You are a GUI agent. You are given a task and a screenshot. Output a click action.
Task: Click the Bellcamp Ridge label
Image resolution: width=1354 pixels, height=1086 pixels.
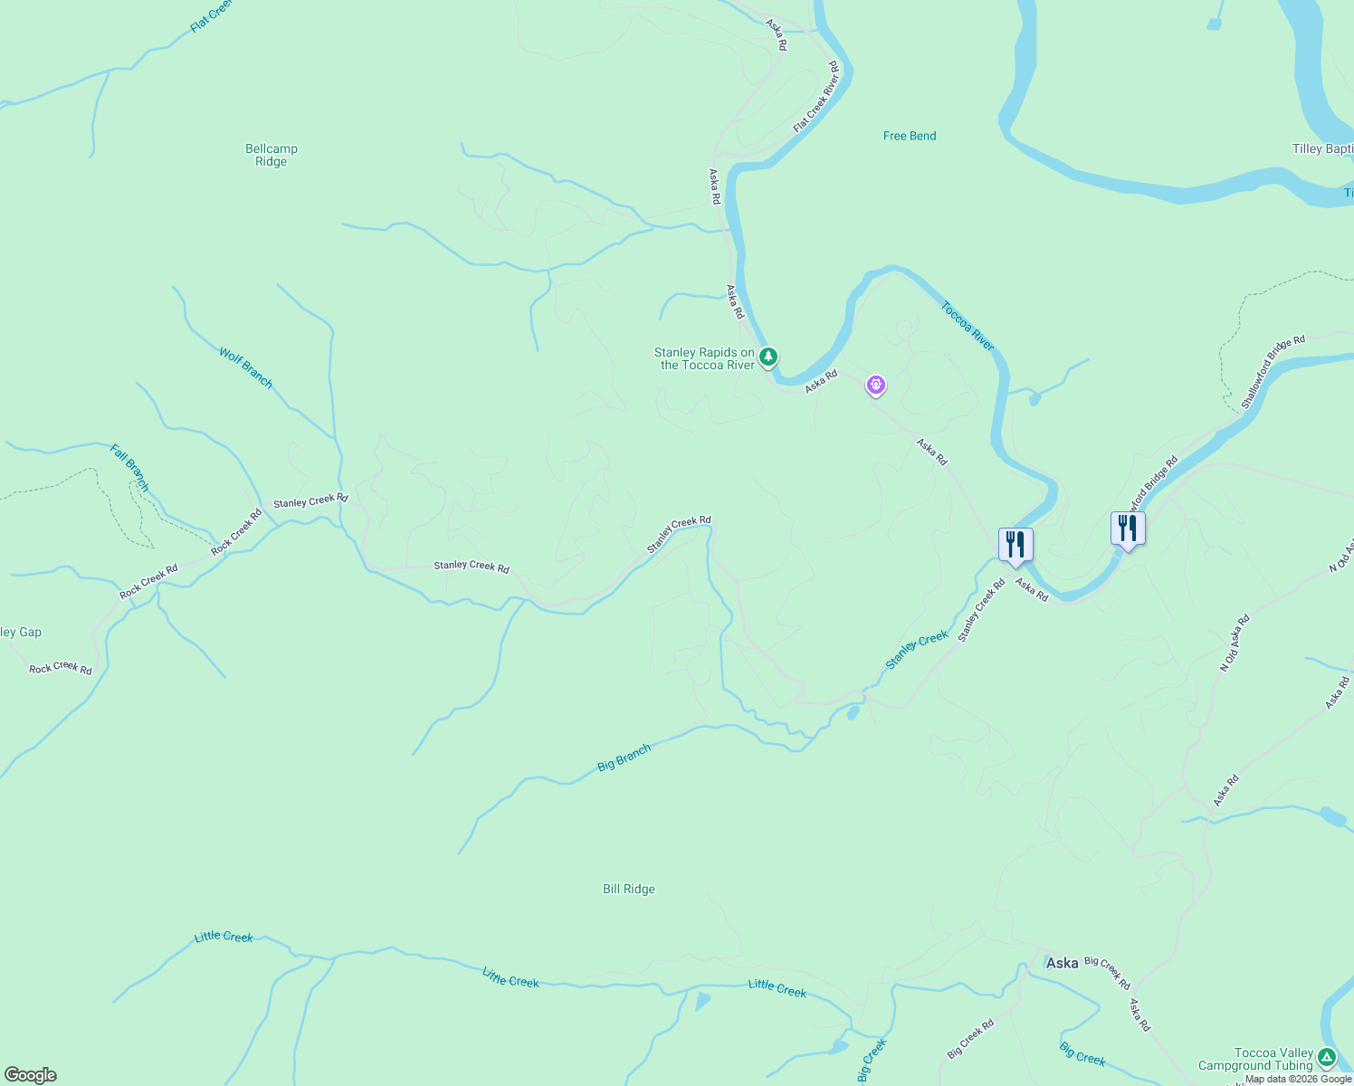(271, 156)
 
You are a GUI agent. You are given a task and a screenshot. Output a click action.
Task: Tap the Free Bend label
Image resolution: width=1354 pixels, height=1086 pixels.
(910, 136)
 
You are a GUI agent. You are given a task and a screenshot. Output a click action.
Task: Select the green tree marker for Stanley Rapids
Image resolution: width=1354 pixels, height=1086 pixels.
(768, 357)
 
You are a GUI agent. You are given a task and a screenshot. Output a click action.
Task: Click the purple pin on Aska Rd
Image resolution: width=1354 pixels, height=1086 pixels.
(875, 386)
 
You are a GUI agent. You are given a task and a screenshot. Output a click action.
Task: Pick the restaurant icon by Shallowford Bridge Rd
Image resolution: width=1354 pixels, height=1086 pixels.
(1128, 529)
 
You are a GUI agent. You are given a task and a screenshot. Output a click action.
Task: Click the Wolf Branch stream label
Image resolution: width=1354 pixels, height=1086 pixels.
(245, 367)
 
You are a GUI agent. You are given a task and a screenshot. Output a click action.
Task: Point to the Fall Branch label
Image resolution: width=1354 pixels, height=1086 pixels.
(129, 467)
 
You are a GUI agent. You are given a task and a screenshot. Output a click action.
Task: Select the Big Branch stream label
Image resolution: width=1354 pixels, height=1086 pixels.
(624, 757)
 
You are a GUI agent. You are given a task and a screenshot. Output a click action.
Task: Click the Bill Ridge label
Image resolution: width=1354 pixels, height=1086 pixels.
(629, 889)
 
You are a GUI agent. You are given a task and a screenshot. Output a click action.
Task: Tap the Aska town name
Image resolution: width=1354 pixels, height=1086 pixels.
(1062, 963)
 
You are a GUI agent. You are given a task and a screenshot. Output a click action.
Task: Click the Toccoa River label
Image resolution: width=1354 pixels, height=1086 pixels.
(968, 326)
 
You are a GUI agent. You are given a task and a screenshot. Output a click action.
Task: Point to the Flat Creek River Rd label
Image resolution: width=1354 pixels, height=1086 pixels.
(817, 97)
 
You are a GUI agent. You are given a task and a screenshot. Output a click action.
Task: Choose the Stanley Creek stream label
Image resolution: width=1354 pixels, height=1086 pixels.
(917, 650)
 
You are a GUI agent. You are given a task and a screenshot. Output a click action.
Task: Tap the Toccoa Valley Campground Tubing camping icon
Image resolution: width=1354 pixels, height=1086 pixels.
(1327, 1056)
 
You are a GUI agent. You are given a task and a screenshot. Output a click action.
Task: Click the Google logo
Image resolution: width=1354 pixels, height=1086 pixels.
(31, 1075)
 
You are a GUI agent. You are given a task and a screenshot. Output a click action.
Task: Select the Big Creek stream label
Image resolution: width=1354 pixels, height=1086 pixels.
(1082, 1053)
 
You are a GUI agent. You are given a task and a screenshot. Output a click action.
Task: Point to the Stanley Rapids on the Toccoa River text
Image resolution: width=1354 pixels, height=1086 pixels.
(705, 359)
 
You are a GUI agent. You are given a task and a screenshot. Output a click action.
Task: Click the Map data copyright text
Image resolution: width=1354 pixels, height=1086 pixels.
(1298, 1079)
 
